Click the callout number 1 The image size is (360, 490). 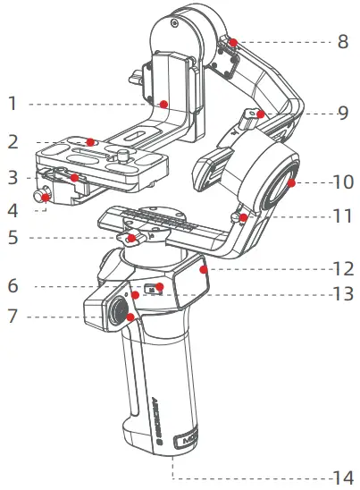tap(12, 104)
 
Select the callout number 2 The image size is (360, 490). tap(12, 142)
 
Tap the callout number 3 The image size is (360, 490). tap(12, 178)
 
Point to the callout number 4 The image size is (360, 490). tap(12, 211)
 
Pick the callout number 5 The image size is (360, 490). tap(12, 239)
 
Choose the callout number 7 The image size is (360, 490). tap(12, 317)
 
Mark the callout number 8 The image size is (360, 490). tap(342, 41)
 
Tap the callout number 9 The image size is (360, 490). tap(342, 114)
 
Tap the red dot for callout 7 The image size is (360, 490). tap(130, 317)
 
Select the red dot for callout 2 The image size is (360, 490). tap(91, 142)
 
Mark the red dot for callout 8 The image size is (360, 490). tap(232, 42)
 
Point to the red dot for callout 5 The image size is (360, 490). tap(131, 239)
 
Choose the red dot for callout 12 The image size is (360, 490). tap(204, 266)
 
